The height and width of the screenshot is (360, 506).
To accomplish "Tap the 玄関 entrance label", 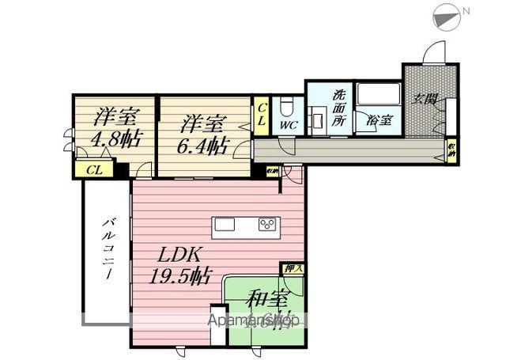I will [425, 99].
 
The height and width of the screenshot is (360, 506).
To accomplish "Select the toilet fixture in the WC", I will [287, 104].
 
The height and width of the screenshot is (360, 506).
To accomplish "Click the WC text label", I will [289, 124].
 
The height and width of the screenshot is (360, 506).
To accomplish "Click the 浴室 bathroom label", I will [379, 121].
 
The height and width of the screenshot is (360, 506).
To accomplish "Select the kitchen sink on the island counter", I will [225, 225].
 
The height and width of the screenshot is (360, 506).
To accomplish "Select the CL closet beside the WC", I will [262, 115].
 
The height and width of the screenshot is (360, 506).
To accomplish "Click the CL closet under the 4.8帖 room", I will [93, 169].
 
